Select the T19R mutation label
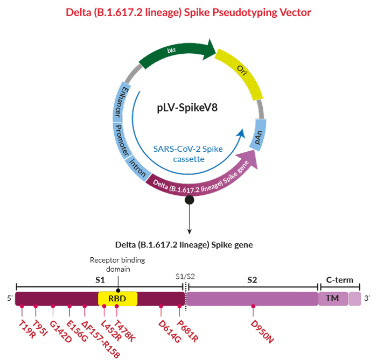click(25, 326)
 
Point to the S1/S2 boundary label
click(186, 276)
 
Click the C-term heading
click(340, 280)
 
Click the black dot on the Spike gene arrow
click(189, 200)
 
